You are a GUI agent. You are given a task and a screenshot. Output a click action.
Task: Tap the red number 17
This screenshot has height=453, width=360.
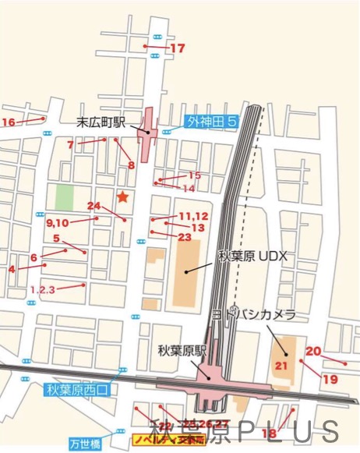point(178,48)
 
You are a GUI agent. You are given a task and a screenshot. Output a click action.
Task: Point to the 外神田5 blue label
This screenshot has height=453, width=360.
point(210,122)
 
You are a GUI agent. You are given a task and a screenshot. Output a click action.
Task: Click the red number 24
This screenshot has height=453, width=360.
point(94,206)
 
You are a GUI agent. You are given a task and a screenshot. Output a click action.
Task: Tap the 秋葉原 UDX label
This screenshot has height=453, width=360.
point(252,255)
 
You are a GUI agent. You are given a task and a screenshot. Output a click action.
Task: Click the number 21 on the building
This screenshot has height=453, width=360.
point(281,365)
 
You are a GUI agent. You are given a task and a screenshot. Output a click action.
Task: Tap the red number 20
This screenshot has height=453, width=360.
point(313,351)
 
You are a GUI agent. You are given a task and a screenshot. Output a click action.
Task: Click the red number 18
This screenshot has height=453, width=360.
point(270,434)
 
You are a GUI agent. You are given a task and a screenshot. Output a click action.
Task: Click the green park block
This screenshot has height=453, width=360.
point(64,196)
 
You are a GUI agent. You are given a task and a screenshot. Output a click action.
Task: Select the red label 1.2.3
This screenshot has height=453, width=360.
point(43,289)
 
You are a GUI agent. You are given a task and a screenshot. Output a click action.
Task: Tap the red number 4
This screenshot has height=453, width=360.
point(12,270)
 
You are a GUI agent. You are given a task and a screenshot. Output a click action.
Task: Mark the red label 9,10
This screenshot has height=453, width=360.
point(58,222)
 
